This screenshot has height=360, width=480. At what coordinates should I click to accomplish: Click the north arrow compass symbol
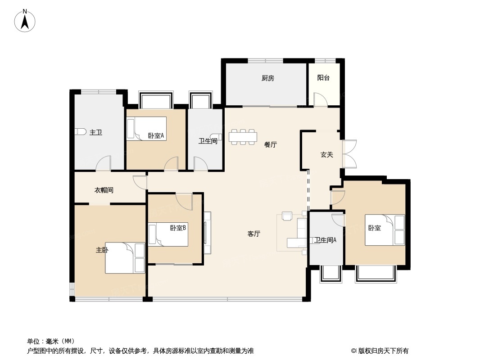tap(25, 21)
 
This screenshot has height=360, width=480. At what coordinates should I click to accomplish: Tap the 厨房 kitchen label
tap(268, 78)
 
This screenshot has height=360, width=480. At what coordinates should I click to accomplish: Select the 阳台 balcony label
tap(323, 78)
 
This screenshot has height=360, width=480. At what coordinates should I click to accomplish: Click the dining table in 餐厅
tap(243, 137)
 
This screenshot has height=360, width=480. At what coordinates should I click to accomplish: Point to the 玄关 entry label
tap(326, 155)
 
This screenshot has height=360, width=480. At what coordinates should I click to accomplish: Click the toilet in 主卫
tap(80, 132)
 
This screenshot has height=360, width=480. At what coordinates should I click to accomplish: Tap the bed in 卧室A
tap(147, 128)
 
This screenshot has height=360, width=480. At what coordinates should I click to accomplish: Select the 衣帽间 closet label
tap(104, 190)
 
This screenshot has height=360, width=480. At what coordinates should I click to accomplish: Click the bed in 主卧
tap(125, 258)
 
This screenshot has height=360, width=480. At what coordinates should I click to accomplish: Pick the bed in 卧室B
tap(168, 234)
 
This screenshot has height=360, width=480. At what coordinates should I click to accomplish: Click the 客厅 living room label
tap(254, 234)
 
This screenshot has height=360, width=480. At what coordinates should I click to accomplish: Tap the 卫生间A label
tap(325, 240)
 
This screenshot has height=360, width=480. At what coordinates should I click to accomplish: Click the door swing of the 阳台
tap(320, 99)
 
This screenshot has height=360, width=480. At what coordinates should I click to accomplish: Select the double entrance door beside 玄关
tap(349, 154)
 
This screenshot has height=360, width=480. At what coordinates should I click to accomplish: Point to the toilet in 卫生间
tap(217, 137)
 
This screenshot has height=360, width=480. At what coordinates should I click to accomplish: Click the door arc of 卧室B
tap(184, 202)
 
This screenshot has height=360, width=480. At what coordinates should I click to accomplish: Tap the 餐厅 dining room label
tap(271, 144)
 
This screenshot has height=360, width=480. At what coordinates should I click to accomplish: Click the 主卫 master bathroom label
tap(95, 132)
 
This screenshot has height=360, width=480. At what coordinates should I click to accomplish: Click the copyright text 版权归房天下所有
tap(383, 351)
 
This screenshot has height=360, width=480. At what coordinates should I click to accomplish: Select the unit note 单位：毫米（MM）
tap(51, 342)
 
